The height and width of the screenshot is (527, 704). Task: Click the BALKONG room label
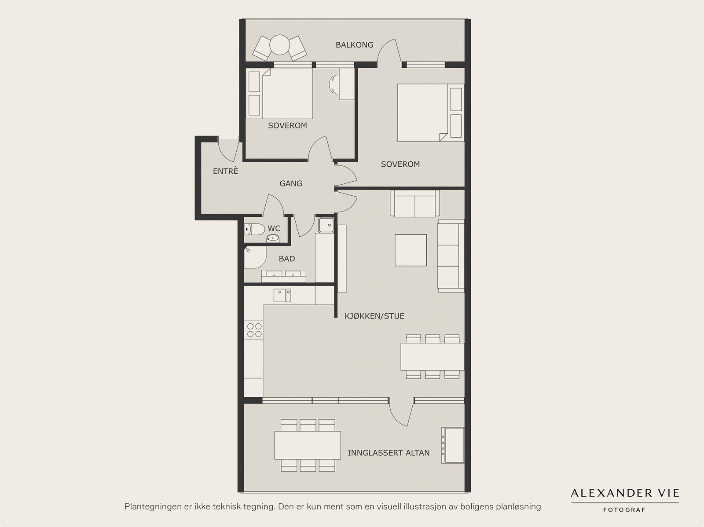354,45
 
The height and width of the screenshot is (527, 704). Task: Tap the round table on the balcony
280,45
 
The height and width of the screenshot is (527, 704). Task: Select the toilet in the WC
254,229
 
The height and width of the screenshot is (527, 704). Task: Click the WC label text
274,229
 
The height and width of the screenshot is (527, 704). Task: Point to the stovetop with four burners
254,330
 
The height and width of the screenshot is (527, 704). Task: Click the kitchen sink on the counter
282,295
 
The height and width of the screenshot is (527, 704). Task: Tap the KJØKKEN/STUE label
374,316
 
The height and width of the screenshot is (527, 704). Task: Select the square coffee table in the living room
411,250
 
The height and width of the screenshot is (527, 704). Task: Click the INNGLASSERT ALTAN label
389,453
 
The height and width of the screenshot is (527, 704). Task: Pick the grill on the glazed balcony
453,445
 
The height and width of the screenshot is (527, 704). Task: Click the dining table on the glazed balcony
308,445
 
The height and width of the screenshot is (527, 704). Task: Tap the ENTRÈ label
225,171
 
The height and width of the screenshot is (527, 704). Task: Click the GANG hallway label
290,184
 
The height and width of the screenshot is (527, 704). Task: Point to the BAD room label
287,259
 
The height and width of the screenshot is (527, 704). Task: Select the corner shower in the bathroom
255,257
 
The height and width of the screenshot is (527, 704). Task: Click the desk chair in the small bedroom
334,84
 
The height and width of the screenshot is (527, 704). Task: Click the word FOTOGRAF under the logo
624,510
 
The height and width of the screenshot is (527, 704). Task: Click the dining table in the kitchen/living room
433,356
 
